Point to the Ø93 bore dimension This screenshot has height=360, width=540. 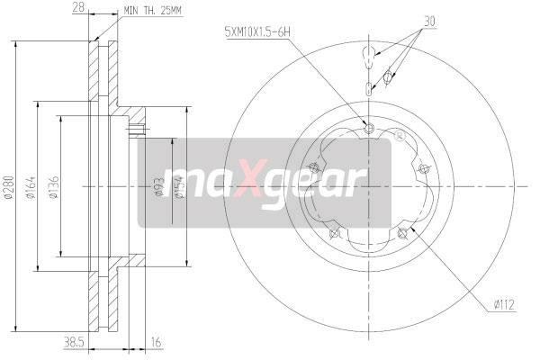coord(158,186)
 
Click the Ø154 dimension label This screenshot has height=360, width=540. coord(180,186)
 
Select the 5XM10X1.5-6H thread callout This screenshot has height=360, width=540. coord(258,32)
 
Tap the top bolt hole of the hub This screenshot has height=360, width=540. coord(369,127)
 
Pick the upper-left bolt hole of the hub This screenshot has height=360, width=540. coord(312,167)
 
